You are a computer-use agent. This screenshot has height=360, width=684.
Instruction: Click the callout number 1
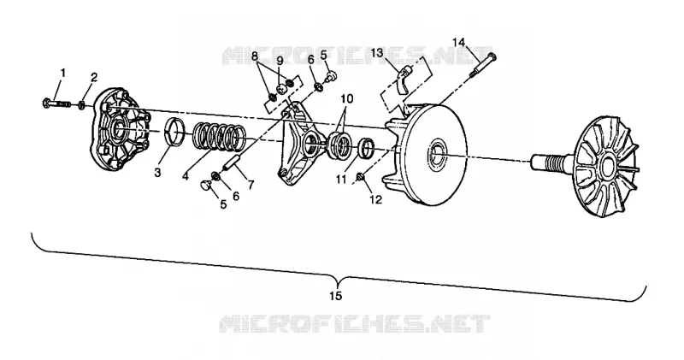(63, 73)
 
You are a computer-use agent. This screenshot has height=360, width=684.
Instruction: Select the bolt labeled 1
(56, 103)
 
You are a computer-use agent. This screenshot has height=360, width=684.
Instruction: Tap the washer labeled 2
(81, 105)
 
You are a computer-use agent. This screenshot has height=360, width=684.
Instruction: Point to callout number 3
(157, 173)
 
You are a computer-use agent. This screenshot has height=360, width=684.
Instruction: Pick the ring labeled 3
(175, 133)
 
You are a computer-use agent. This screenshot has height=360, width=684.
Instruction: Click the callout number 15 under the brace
(335, 296)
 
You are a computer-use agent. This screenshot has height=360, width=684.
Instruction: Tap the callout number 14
(458, 42)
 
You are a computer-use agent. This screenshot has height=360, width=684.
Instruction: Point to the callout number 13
(377, 53)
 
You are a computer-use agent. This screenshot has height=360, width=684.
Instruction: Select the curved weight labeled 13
(404, 79)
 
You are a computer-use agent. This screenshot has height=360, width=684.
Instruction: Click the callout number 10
(347, 98)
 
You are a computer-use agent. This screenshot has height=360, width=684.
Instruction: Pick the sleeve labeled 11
(368, 149)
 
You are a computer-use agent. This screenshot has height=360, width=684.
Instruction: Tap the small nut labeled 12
(361, 176)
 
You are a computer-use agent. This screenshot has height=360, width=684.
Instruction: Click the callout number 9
(280, 59)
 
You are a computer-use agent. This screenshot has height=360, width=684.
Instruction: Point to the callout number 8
(255, 56)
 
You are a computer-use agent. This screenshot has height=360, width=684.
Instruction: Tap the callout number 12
(375, 199)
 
